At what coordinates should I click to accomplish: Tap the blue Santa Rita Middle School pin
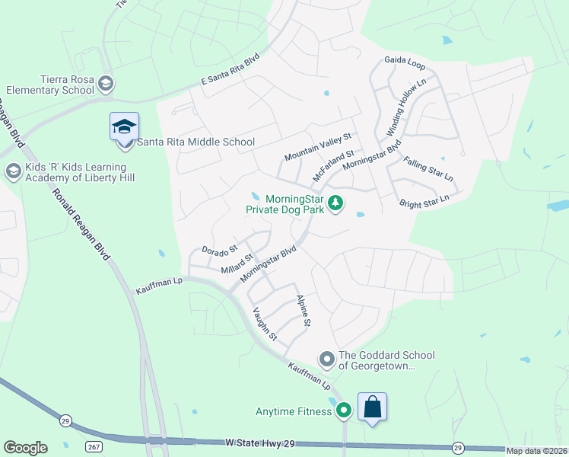pyautogui.click(x=124, y=126)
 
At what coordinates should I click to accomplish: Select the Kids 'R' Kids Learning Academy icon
pyautogui.click(x=12, y=172)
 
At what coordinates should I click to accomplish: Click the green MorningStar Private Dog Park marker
pyautogui.click(x=335, y=203)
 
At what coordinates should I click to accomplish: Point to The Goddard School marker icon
pyautogui.click(x=327, y=358)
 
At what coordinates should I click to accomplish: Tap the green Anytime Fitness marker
pyautogui.click(x=344, y=411)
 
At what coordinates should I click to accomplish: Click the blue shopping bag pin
pyautogui.click(x=372, y=407)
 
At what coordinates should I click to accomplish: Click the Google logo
pyautogui.click(x=25, y=448)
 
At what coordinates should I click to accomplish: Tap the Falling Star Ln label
pyautogui.click(x=428, y=169)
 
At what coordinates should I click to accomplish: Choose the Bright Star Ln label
pyautogui.click(x=424, y=202)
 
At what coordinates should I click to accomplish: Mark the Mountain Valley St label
pyautogui.click(x=319, y=146)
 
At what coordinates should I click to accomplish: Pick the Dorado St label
pyautogui.click(x=220, y=249)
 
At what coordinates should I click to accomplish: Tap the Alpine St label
pyautogui.click(x=304, y=311)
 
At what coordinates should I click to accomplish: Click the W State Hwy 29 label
pyautogui.click(x=259, y=442)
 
